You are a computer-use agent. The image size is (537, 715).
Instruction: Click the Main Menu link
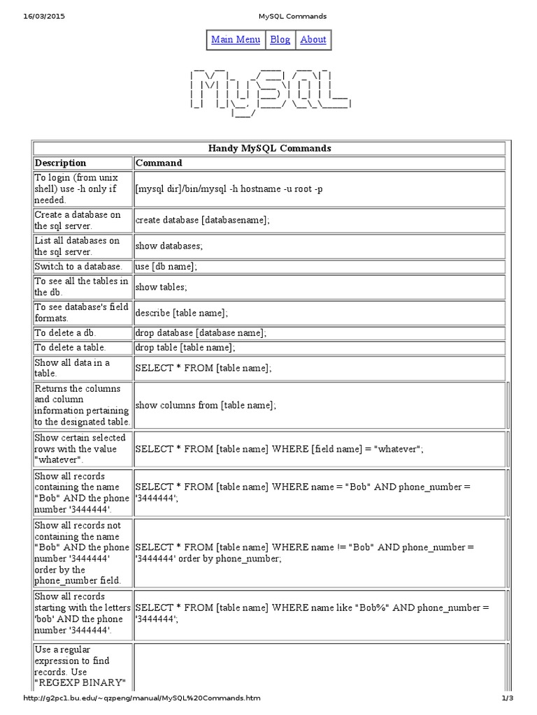tap(236, 40)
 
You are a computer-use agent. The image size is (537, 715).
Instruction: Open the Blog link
tap(280, 40)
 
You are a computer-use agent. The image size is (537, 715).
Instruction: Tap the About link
tap(313, 40)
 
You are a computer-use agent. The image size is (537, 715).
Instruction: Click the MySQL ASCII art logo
tap(269, 91)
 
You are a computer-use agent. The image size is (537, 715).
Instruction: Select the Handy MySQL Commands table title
tap(269, 148)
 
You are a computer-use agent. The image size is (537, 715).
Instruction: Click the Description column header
tap(61, 163)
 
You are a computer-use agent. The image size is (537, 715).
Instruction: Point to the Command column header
tap(159, 163)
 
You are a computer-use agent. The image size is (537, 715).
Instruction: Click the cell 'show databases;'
tap(169, 246)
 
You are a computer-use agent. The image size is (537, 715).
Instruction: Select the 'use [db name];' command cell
tap(166, 267)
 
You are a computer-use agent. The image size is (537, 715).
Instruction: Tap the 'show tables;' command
tap(162, 287)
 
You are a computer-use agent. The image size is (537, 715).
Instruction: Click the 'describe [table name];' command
tap(182, 313)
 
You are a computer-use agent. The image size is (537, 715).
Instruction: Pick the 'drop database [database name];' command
tap(201, 333)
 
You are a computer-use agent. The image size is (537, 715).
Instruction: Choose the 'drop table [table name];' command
tap(185, 347)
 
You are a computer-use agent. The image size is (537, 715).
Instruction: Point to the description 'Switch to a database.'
tap(78, 267)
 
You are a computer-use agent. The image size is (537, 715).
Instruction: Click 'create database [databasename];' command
tap(202, 220)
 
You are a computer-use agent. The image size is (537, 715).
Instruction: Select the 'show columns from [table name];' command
tap(206, 405)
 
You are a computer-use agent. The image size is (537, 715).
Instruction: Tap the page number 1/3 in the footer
tap(508, 698)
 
